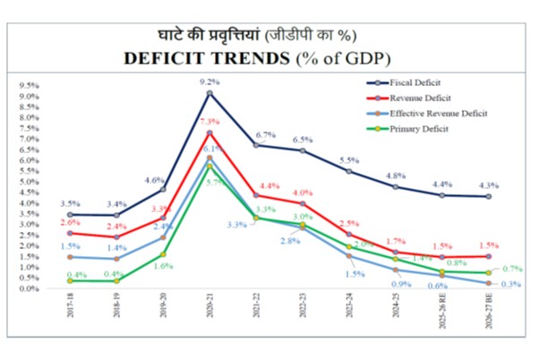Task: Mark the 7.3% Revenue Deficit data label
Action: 210,121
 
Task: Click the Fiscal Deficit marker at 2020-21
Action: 210,93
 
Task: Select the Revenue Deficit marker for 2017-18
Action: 70,233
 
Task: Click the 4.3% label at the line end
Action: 513,185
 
